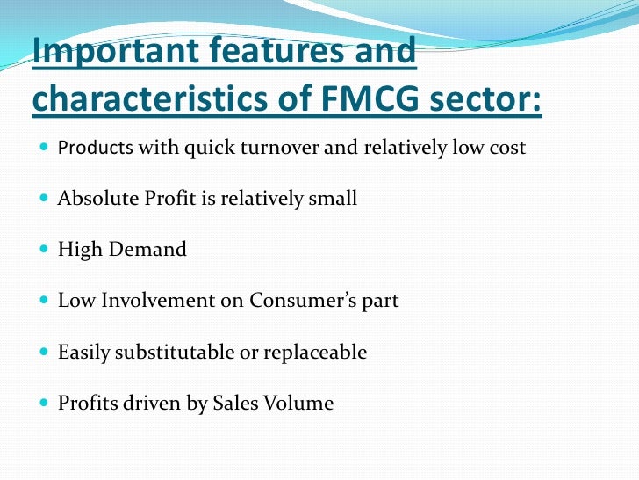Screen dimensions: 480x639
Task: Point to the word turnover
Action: point(277,147)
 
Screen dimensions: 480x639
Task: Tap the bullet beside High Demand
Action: point(44,250)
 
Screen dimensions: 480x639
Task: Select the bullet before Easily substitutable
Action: point(44,353)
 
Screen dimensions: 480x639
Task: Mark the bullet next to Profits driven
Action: point(44,404)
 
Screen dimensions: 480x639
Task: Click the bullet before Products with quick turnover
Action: point(44,148)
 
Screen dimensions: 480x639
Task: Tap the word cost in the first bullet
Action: point(508,147)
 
